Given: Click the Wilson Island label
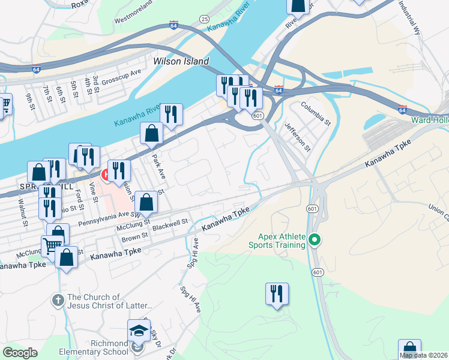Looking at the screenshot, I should click(181, 61).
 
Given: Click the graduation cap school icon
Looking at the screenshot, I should click(138, 330).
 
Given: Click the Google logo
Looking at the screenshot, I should click(20, 353).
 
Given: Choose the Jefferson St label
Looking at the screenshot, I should click(298, 137).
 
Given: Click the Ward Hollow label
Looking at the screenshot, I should click(429, 120).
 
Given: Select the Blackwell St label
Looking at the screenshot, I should click(170, 221).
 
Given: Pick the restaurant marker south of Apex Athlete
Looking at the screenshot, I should click(277, 294).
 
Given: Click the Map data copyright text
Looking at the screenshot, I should click(424, 355).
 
